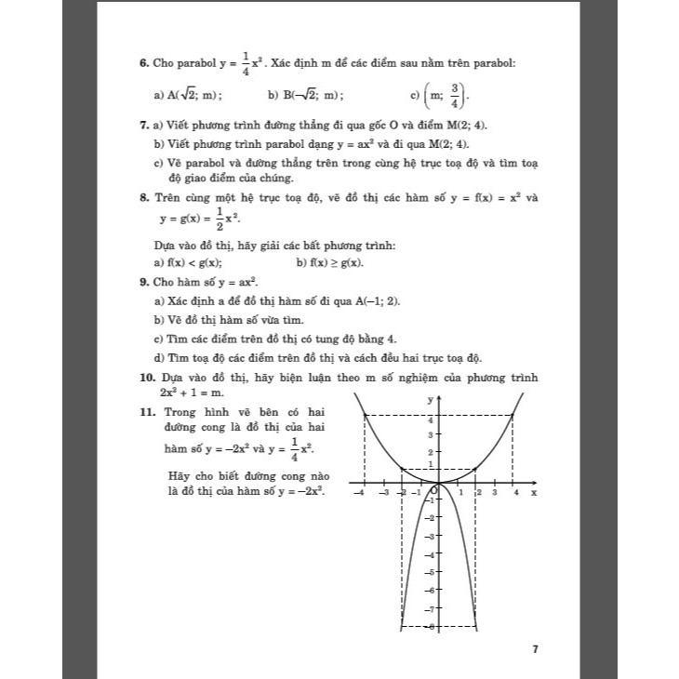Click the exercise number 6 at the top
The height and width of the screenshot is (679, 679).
[142, 63]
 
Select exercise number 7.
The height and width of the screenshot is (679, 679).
[142, 125]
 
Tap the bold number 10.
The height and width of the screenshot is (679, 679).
[146, 378]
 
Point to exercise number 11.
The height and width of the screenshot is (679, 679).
[146, 411]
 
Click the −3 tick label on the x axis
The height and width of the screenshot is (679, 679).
[383, 493]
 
